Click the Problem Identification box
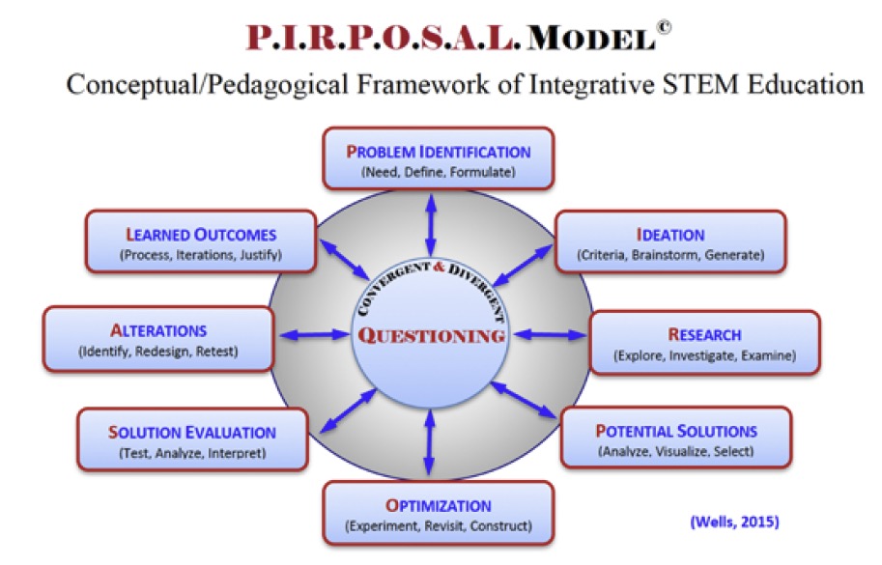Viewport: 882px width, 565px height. click(x=439, y=159)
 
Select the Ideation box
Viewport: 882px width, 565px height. click(x=670, y=243)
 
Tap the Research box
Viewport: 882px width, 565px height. click(x=704, y=343)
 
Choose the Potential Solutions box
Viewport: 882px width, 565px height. click(x=675, y=438)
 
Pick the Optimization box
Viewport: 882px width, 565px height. click(x=439, y=514)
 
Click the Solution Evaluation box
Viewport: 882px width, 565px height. click(x=192, y=440)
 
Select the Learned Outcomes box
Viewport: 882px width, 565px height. click(x=201, y=242)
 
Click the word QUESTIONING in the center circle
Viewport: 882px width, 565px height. click(x=432, y=336)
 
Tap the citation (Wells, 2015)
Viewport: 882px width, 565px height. click(x=734, y=523)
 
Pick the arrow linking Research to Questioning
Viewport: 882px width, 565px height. click(x=550, y=335)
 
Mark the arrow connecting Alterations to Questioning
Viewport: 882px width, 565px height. click(x=314, y=335)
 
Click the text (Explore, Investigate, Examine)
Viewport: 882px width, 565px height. click(x=704, y=356)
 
